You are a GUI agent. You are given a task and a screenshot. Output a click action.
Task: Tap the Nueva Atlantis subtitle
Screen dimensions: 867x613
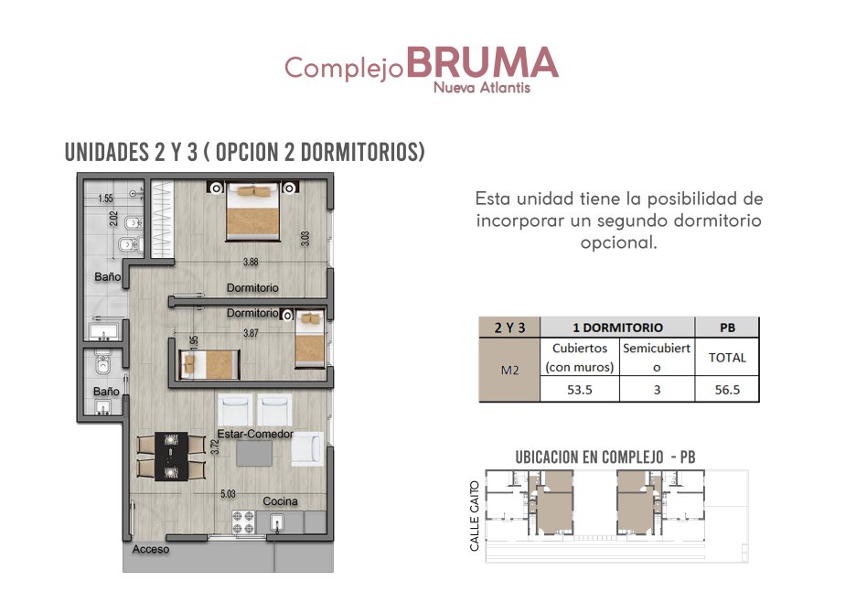(482, 88)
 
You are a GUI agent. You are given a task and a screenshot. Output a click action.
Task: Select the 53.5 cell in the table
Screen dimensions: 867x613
(580, 390)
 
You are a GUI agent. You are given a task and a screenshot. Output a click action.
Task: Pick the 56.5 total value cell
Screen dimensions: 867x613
(727, 390)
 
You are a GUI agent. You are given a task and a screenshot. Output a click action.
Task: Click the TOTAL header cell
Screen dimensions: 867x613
(727, 358)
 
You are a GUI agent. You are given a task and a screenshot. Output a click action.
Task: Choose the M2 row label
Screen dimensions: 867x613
(509, 370)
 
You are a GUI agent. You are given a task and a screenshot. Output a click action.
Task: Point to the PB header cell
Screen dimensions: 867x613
(727, 328)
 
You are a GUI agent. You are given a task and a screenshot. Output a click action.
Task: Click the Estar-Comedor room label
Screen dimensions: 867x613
(255, 434)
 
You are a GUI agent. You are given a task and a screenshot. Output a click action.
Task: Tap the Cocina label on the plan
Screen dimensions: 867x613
(280, 501)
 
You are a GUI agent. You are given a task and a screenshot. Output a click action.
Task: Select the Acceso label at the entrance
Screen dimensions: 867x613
(150, 549)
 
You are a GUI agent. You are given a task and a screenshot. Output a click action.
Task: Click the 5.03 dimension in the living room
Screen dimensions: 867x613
(228, 493)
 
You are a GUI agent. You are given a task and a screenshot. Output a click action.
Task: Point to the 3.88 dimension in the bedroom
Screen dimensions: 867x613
(251, 262)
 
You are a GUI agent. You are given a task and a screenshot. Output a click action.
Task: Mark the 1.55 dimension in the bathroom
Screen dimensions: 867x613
(105, 198)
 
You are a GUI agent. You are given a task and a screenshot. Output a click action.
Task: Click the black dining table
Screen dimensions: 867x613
(171, 457)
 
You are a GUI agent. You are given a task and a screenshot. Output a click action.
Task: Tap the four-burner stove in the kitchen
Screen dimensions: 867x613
(243, 522)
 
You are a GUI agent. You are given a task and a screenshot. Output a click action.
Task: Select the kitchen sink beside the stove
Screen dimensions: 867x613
(276, 522)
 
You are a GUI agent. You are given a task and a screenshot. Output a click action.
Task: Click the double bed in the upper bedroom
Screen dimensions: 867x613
(252, 212)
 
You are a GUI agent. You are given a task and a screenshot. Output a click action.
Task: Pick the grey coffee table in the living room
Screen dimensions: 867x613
(254, 454)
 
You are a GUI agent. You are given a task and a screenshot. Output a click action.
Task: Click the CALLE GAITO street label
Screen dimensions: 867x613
(475, 516)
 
